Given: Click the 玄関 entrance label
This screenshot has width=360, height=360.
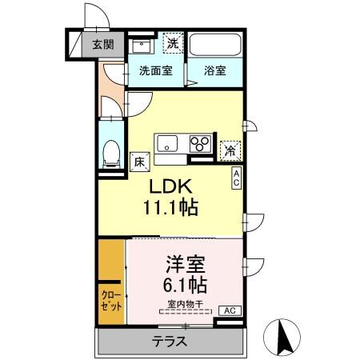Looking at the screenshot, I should coord(102,45).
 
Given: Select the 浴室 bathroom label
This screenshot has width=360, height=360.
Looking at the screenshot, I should coord(213,70).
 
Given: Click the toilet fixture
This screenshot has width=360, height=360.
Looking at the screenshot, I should coord(110,153).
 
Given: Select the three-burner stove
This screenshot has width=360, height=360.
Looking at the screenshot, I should coord(198,144).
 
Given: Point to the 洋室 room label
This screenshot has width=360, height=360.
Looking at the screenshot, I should coord(187,263).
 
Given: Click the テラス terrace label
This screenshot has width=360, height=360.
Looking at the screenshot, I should coord(169,342).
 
